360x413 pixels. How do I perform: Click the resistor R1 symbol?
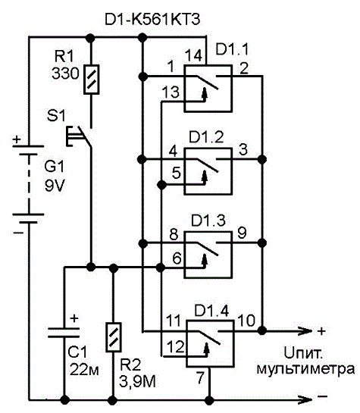coord(92,80)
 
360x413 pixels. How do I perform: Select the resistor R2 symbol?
coord(114,337)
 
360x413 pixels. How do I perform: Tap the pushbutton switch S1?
coord(79,136)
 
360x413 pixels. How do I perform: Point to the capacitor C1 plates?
coord(64,333)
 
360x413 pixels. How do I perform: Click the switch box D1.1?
coord(208,89)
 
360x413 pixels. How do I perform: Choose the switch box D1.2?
coord(208,171)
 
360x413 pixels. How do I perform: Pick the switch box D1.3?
coord(208,255)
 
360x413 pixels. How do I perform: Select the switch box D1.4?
coord(210,344)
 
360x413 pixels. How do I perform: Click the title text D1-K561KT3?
coord(152,20)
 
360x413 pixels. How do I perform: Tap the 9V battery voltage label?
coord(55,186)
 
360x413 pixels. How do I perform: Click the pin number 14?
coord(193,55)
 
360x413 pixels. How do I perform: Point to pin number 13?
coord(171,92)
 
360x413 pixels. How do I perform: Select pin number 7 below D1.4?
coord(200,377)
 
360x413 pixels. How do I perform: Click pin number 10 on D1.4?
coord(246,321)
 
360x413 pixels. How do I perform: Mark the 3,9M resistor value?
coord(137,381)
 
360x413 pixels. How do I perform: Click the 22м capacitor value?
coord(84,370)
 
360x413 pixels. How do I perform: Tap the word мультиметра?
coord(305,369)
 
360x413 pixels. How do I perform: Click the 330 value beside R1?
coord(65,74)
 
